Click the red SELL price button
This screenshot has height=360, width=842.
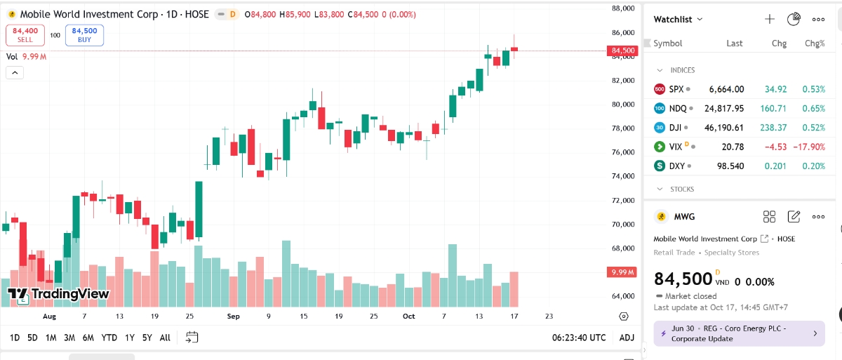pyautogui.click(x=25, y=35)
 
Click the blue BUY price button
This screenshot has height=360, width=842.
pyautogui.click(x=84, y=35)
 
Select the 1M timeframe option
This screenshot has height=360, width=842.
pyautogui.click(x=51, y=338)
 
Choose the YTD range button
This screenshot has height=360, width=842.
pyautogui.click(x=109, y=338)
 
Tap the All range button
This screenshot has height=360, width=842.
pyautogui.click(x=165, y=338)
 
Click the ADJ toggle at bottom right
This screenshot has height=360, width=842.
pyautogui.click(x=627, y=338)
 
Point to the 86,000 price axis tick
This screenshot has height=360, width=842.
pyautogui.click(x=623, y=32)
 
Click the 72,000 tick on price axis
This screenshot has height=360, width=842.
pyautogui.click(x=623, y=201)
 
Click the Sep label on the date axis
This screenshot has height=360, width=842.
pyautogui.click(x=234, y=316)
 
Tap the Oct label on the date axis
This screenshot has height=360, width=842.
pyautogui.click(x=409, y=316)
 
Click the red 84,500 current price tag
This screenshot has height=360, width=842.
pyautogui.click(x=623, y=51)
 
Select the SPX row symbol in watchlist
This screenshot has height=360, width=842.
pyautogui.click(x=676, y=89)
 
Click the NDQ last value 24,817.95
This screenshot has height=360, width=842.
pyautogui.click(x=723, y=109)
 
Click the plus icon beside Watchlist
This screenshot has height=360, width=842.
pyautogui.click(x=770, y=20)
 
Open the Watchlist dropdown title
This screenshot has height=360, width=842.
pyautogui.click(x=678, y=20)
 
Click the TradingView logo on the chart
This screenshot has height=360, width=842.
pyautogui.click(x=58, y=294)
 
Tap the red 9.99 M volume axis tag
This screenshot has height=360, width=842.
pyautogui.click(x=623, y=272)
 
